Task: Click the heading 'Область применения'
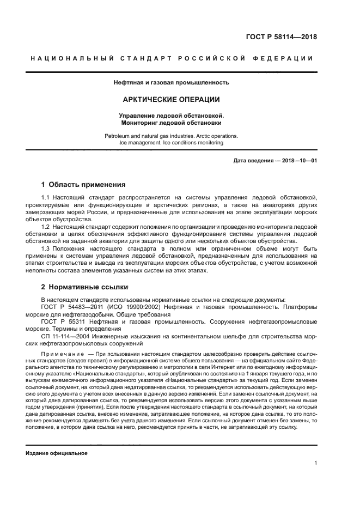tap(87, 184)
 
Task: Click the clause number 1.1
tap(46, 196)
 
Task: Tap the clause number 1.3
tap(46, 248)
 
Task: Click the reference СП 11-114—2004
tap(64, 337)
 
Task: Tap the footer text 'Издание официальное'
tap(57, 453)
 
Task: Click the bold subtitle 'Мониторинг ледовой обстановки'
tap(172, 123)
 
